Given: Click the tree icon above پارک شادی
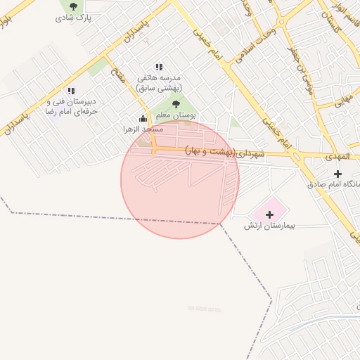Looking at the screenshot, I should (x=73, y=7).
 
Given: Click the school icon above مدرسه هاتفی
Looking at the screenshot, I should (x=159, y=67).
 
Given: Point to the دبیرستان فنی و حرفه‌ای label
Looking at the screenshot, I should (x=70, y=106).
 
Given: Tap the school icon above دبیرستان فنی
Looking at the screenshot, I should (x=71, y=91).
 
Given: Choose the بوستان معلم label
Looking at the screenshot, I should (x=175, y=115).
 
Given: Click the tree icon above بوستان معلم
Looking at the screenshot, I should (x=176, y=104).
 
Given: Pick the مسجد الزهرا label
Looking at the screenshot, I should (x=142, y=130).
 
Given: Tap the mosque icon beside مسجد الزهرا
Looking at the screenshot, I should (x=143, y=119).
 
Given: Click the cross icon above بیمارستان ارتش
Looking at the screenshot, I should (x=269, y=213).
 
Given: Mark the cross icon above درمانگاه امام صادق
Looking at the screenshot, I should (x=338, y=173).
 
